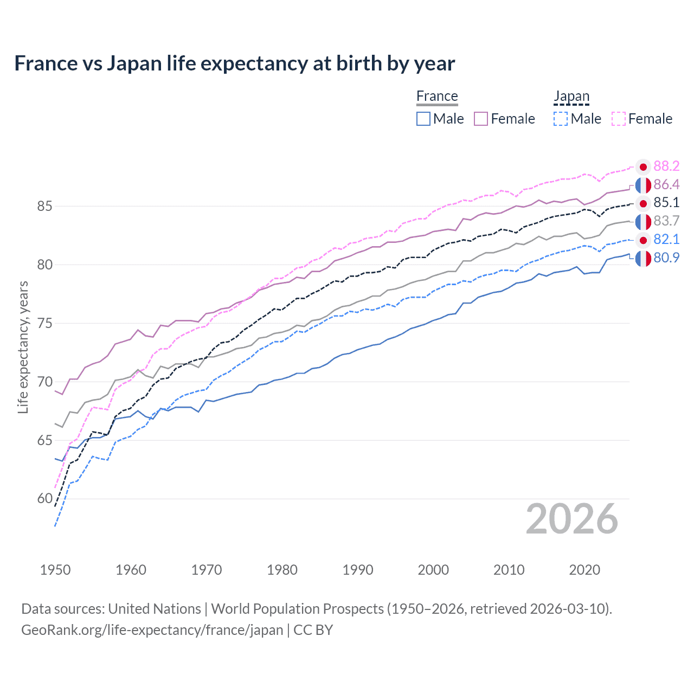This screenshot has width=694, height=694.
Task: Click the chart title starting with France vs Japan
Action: (x=234, y=63)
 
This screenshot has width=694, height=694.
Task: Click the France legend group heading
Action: (x=437, y=96)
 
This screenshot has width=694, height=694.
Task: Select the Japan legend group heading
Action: (x=571, y=96)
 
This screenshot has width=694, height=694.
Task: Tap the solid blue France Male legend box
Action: (x=423, y=119)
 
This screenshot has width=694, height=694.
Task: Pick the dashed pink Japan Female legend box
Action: (x=619, y=119)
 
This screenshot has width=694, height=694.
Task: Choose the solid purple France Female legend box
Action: (x=481, y=119)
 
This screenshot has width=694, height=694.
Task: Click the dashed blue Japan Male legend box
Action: (x=561, y=119)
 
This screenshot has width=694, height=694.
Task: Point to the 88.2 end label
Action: (x=666, y=166)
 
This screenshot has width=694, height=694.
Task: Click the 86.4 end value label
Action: (x=666, y=184)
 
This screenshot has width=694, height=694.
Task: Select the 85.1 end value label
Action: (x=666, y=203)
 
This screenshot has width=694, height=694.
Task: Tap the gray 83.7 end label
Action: (x=666, y=221)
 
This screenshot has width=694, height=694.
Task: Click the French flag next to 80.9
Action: (x=643, y=259)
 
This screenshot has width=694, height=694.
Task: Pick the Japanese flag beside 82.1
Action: (x=643, y=240)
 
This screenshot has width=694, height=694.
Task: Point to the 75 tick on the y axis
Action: (x=45, y=324)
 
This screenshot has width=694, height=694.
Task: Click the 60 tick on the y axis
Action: (x=45, y=499)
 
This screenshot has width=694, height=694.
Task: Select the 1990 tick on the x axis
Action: (x=358, y=570)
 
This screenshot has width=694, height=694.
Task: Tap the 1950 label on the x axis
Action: (x=55, y=570)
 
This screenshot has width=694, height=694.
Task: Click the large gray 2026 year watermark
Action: (x=571, y=519)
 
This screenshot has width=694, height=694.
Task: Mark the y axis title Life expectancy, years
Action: (x=23, y=347)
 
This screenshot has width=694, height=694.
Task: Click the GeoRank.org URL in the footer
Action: (x=152, y=630)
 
